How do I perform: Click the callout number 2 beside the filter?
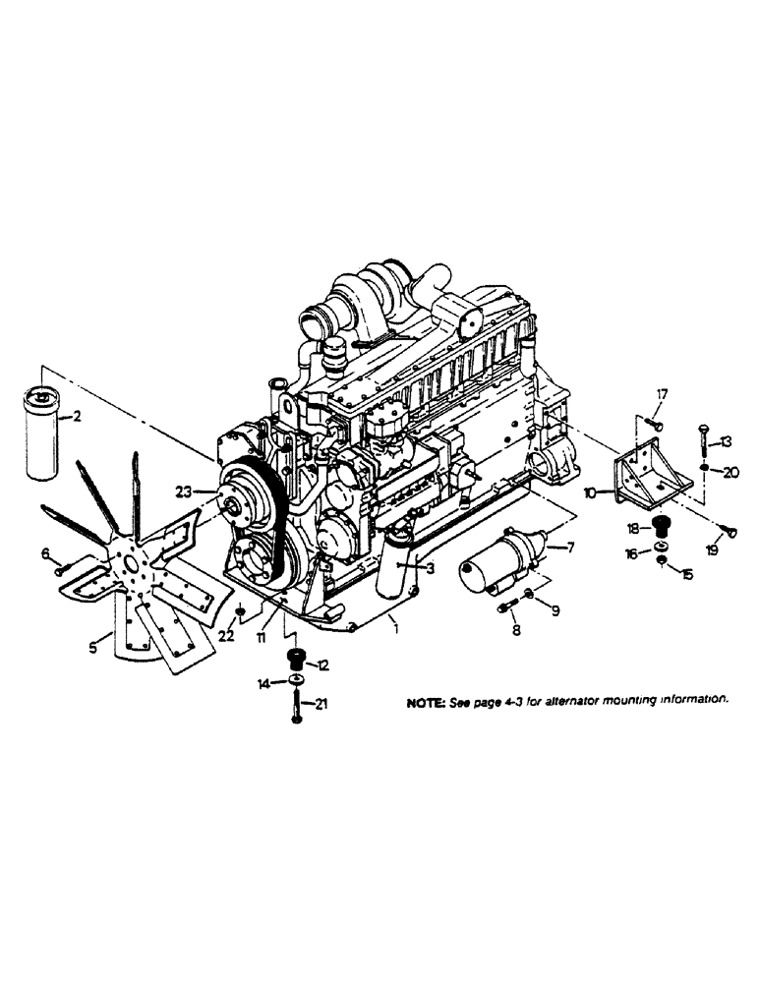tap(77, 417)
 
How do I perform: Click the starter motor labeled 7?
tap(500, 564)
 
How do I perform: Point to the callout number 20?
tap(729, 472)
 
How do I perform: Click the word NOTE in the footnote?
tap(426, 702)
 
